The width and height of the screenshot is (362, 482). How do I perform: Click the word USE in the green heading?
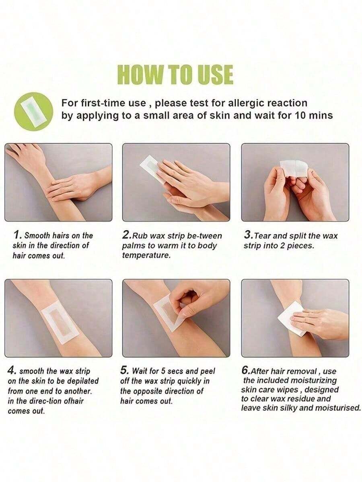coord(214,74)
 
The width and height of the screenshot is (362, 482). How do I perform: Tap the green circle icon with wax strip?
coord(33,112)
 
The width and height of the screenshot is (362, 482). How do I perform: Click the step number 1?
coord(18,235)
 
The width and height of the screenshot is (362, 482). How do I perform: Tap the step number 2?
coord(126,235)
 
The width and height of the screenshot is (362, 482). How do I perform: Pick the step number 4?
coord(12,370)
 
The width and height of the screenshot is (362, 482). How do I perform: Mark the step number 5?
coord(124,370)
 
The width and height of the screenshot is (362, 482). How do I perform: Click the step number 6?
coord(245,370)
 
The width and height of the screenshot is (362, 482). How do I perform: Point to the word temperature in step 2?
coord(146,255)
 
